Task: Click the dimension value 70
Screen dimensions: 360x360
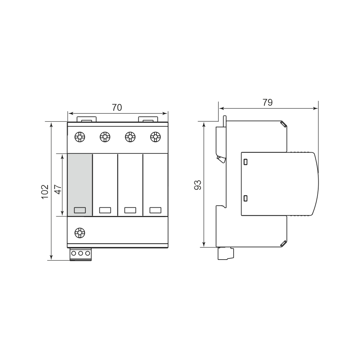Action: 117,107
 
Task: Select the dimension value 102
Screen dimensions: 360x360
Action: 45,192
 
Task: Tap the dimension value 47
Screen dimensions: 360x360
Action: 58,189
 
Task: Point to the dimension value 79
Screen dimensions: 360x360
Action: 267,102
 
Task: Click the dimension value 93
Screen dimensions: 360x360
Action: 197,185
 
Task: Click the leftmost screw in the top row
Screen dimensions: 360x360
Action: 80,137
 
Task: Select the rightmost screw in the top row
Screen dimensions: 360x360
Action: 156,137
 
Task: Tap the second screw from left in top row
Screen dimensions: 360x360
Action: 105,137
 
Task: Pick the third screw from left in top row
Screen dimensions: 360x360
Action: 130,137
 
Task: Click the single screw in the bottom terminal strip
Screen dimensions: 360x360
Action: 80,233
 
